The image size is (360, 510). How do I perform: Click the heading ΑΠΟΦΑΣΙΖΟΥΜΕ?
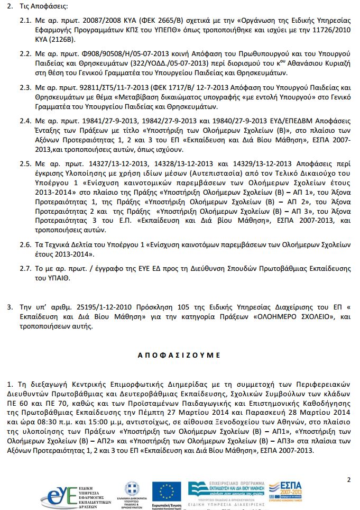(179, 355)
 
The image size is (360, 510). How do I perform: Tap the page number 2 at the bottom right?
(349, 480)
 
